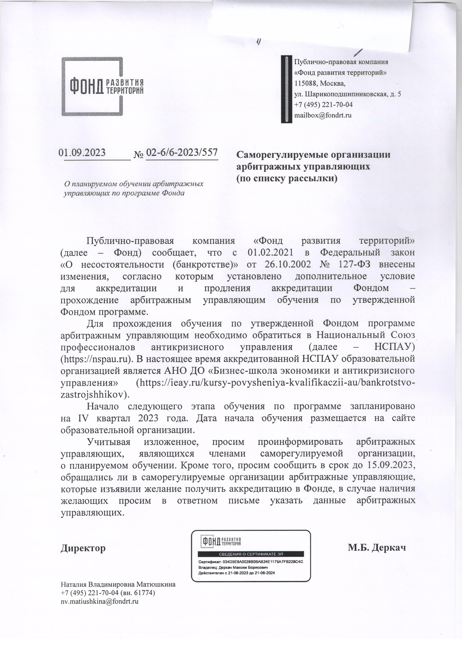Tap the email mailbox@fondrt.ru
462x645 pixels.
(323, 116)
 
